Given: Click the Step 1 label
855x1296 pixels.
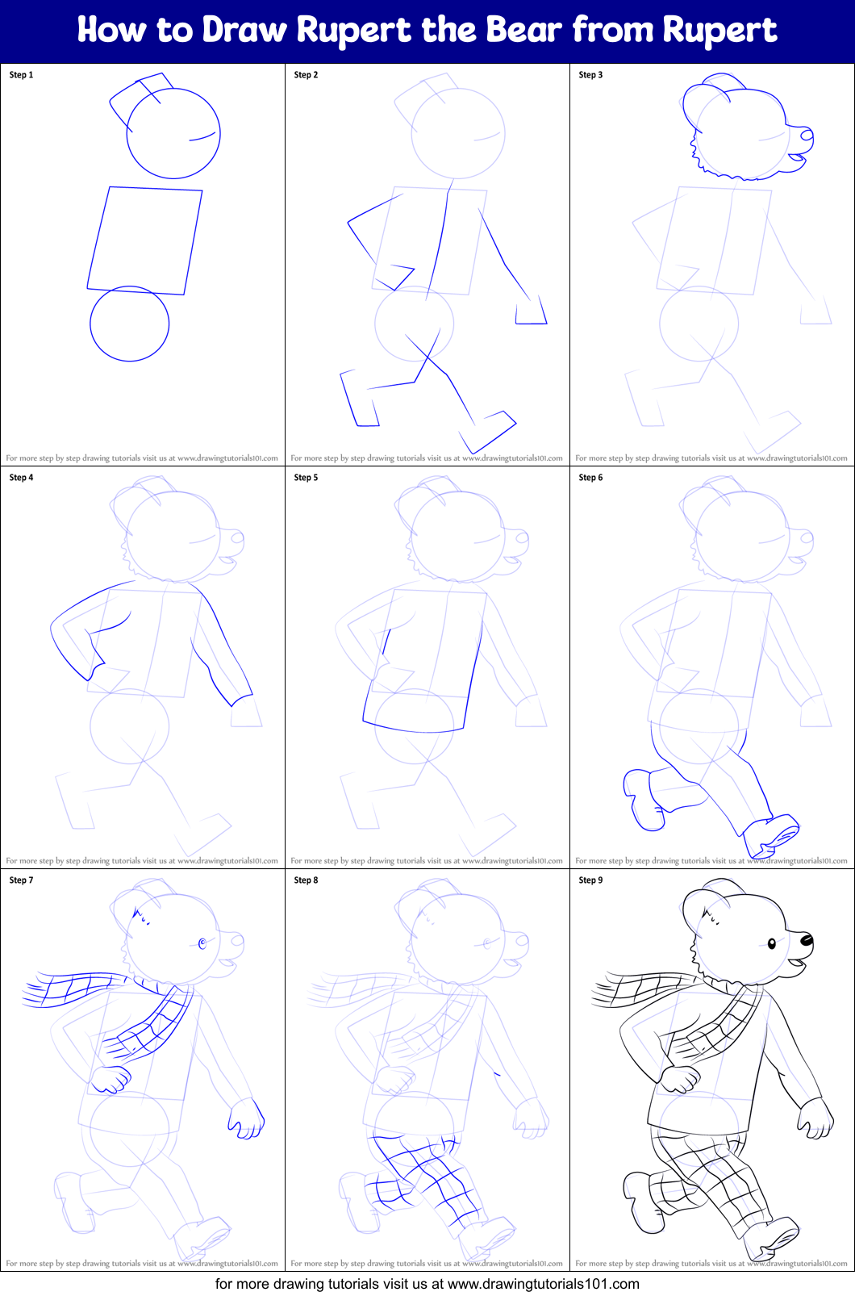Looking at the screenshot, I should tap(21, 75).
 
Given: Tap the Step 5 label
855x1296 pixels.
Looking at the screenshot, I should tap(306, 478).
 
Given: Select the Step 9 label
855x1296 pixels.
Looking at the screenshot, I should tap(590, 880).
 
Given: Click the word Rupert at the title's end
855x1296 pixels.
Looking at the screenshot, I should tap(719, 31).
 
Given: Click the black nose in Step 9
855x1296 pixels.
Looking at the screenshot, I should tap(806, 940).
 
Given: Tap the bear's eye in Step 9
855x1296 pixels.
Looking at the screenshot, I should tap(771, 943).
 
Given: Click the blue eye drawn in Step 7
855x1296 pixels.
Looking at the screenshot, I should tap(202, 943).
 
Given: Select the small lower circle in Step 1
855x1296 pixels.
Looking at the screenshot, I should tap(129, 324).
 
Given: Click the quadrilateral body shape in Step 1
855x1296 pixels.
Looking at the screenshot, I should tap(145, 240).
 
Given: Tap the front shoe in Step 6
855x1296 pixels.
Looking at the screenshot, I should tap(770, 835).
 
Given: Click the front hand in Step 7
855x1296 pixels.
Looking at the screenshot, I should tap(247, 1118).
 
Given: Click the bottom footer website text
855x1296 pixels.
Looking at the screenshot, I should tap(427, 1284).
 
